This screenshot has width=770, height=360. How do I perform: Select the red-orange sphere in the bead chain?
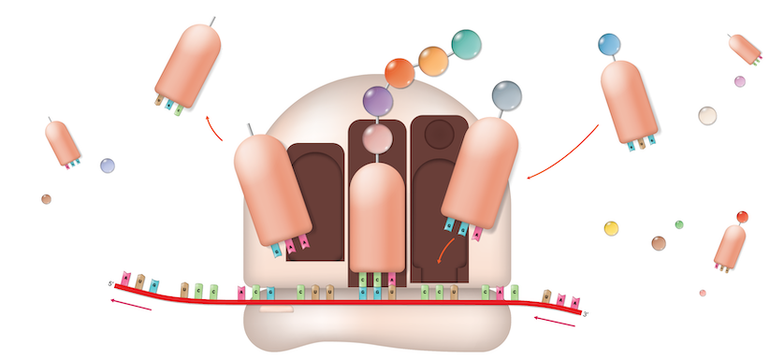(400, 73)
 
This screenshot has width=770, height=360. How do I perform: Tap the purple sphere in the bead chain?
(376, 101)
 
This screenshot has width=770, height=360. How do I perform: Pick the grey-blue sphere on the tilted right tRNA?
(506, 94)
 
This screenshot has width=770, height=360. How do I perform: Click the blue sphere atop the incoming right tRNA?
(609, 44)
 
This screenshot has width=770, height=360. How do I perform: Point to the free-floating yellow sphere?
(611, 228)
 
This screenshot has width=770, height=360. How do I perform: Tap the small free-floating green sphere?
(679, 224)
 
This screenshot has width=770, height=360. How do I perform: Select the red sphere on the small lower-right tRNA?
(742, 217)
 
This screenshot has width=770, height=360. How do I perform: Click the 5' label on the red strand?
(110, 284)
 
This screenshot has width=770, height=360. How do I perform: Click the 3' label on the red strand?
(586, 314)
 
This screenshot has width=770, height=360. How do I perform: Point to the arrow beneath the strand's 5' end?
(130, 303)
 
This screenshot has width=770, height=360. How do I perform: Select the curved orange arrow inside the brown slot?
(446, 250)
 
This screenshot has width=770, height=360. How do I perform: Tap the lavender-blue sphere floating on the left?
(108, 166)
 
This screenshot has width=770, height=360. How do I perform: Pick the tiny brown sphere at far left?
(46, 199)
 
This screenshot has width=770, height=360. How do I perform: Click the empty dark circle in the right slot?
(439, 136)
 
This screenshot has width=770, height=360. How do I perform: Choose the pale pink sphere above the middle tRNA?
(377, 138)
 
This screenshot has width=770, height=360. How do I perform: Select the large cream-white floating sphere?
(707, 115)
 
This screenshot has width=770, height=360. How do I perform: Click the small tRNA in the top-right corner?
(746, 49)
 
